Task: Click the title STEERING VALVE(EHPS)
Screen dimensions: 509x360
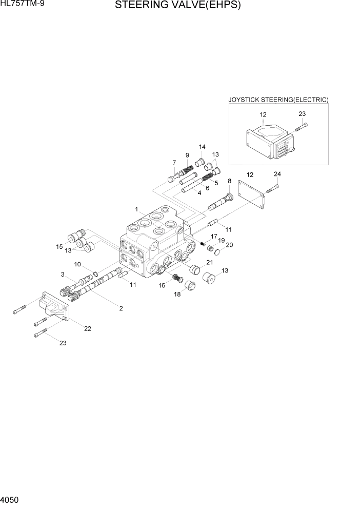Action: pos(177,6)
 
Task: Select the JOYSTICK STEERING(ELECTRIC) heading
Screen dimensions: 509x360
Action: pos(278,100)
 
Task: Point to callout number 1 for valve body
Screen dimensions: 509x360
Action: pos(137,209)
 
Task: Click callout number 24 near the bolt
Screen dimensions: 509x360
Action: pos(277,174)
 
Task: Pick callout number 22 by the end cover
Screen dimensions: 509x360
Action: pos(88,328)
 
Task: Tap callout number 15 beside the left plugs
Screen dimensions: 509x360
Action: pos(59,247)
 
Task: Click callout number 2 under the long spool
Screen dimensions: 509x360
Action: pos(121,308)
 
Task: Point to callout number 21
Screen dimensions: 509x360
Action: pos(209,263)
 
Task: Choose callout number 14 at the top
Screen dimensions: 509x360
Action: pos(202,147)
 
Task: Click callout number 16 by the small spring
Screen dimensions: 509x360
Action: pos(162,285)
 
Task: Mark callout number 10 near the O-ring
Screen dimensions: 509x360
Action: pos(78,264)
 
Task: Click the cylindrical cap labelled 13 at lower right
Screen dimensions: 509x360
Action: pos(209,280)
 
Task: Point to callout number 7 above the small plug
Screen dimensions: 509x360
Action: pos(174,163)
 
